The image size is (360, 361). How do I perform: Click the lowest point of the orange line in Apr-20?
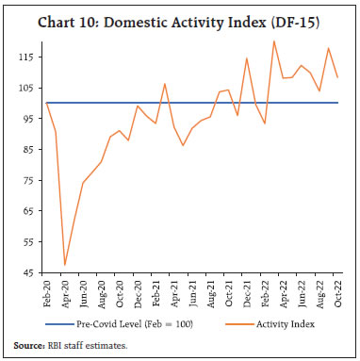point(65,265)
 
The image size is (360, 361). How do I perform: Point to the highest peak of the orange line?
point(274,41)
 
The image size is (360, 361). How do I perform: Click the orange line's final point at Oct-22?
point(337,77)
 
